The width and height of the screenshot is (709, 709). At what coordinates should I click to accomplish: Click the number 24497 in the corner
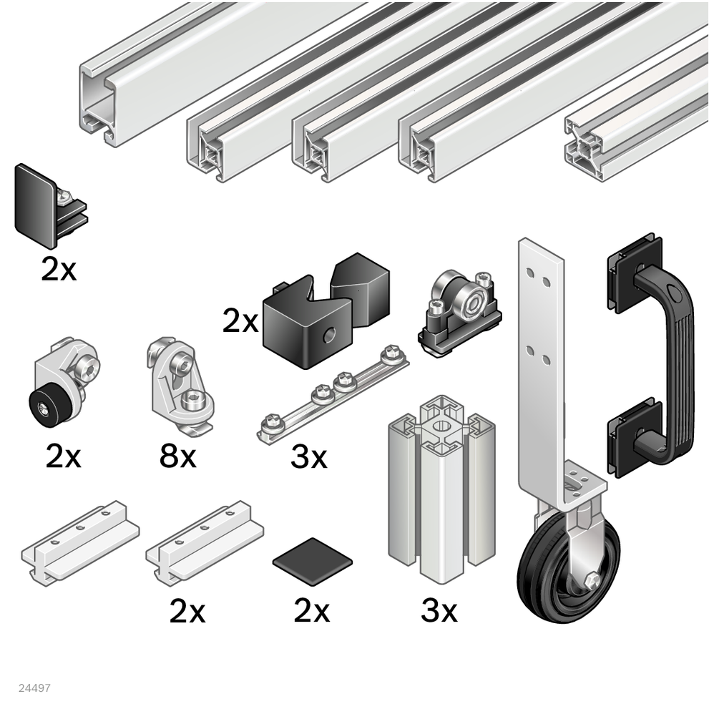tap(34, 688)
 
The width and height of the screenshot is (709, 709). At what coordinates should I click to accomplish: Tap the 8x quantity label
tap(177, 456)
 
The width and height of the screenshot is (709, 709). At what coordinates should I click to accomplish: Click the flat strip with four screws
tap(333, 391)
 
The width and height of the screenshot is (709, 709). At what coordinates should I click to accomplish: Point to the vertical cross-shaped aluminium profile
tap(441, 491)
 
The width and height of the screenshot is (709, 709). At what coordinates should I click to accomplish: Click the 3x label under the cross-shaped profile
tap(439, 610)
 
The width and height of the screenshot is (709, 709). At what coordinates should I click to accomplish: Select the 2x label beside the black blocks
tap(240, 322)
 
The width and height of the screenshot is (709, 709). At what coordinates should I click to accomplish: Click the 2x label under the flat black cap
tap(311, 610)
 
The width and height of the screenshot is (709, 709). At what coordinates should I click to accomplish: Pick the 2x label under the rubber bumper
tap(63, 456)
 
